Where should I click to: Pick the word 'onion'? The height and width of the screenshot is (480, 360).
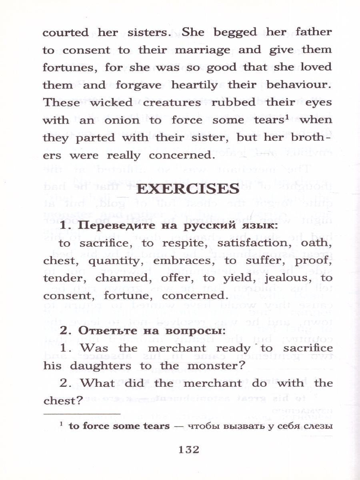(x=120, y=120)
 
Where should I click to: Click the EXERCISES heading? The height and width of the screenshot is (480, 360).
(x=188, y=189)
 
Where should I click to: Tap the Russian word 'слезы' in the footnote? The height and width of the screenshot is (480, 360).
(x=318, y=426)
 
